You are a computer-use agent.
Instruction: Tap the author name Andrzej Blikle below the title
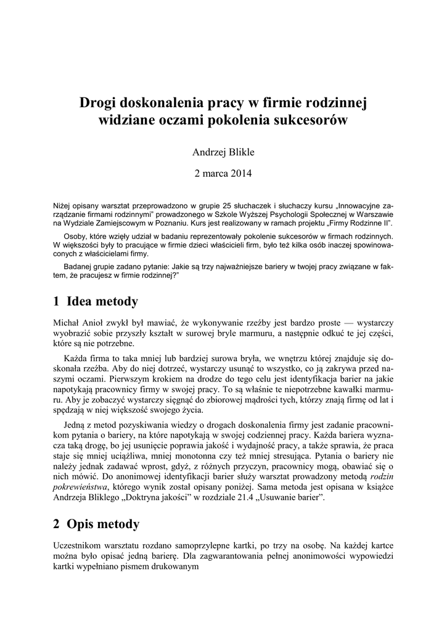point(223,152)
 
